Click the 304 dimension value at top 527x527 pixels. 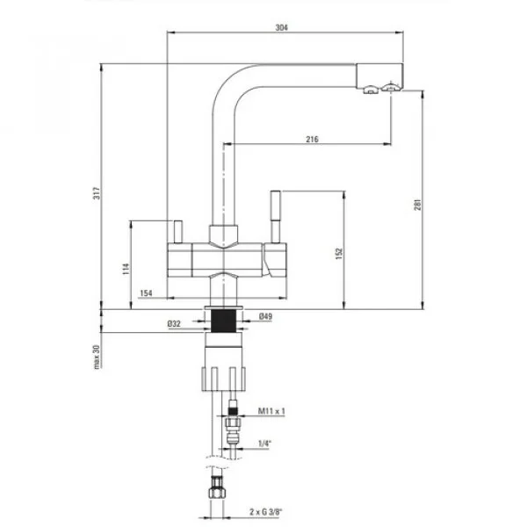[x=281, y=27]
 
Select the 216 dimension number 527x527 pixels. [x=312, y=139]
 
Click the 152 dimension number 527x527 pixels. [x=338, y=252]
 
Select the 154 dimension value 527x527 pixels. [x=147, y=292]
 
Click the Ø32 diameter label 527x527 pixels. [x=175, y=324]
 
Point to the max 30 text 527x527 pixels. [x=97, y=355]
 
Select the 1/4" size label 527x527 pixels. [x=264, y=444]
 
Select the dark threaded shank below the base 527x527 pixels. [x=226, y=318]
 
